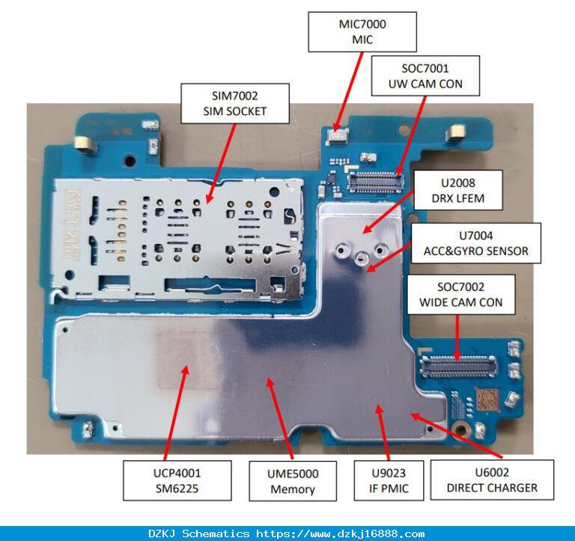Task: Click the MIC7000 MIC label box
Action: [362, 32]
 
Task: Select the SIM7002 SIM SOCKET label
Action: [235, 103]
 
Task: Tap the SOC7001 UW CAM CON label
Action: [425, 76]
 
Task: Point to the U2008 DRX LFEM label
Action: [458, 190]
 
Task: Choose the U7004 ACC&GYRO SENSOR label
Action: [476, 243]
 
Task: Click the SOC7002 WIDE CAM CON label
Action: [461, 294]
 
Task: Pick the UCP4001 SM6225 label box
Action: [177, 480]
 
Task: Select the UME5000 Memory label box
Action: [293, 481]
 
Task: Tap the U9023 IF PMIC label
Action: [389, 480]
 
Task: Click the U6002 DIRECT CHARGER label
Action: [492, 480]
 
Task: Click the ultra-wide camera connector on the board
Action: [376, 182]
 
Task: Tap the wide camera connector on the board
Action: [458, 366]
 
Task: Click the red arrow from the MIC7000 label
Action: [348, 91]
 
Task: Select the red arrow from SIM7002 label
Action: [220, 163]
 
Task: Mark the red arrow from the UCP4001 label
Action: [176, 413]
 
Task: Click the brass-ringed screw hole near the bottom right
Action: [460, 429]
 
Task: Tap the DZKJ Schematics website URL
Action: [341, 534]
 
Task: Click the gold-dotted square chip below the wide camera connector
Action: [487, 400]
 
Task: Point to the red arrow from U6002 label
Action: [456, 435]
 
